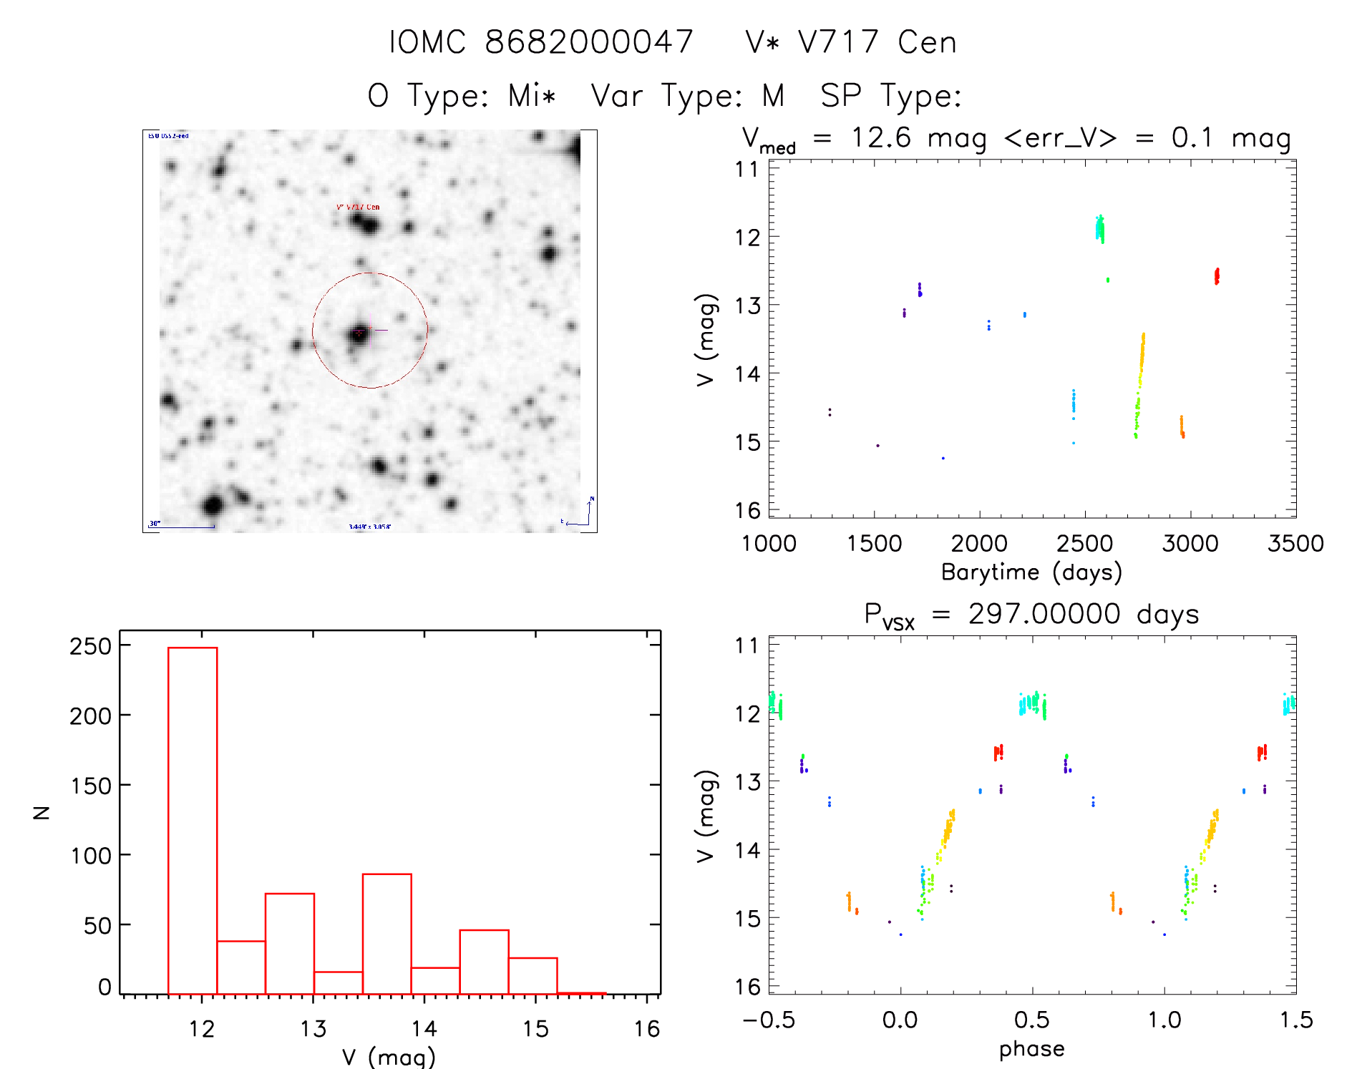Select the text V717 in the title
click(838, 42)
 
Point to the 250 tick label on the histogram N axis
click(91, 646)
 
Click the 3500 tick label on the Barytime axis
click(1295, 543)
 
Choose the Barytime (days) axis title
click(1031, 572)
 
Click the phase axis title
click(1031, 1048)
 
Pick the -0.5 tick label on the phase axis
click(769, 1020)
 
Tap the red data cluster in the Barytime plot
click(1217, 276)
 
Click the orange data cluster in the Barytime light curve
click(1182, 426)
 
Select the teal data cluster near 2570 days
click(1100, 229)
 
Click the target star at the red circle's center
click(359, 333)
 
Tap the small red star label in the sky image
click(358, 207)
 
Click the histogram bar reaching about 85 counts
click(386, 934)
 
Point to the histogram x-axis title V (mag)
click(389, 1057)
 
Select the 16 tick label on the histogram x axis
click(646, 1029)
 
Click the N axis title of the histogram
click(42, 812)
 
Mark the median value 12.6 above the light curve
click(881, 137)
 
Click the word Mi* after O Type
click(532, 95)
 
